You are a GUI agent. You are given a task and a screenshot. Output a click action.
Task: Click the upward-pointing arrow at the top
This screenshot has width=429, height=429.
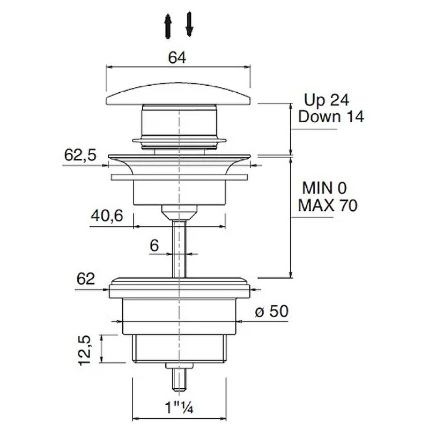[x=168, y=26]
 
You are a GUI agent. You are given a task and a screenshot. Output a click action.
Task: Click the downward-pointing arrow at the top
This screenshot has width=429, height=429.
[x=189, y=24]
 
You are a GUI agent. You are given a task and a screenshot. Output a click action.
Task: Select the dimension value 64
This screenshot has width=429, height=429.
[x=177, y=58]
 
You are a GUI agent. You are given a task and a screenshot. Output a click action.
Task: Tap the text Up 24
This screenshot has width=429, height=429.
[x=327, y=100]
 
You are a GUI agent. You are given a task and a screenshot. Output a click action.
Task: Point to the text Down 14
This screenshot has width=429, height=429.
[x=331, y=116]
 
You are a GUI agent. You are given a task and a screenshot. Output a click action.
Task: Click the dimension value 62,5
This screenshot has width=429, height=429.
[x=80, y=155]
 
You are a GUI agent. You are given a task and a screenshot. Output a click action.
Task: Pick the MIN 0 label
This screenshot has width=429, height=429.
[x=324, y=188]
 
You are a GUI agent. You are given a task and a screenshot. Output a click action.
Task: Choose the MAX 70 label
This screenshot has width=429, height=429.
[x=328, y=205]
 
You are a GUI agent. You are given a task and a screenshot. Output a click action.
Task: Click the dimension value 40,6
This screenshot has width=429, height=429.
[x=107, y=216]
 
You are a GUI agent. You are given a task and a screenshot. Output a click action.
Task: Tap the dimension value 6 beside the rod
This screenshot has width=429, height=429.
[x=154, y=245]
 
